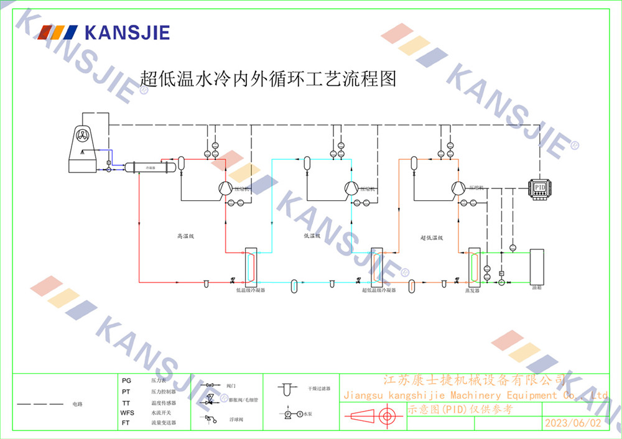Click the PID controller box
tap(539, 187)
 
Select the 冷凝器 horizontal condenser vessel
tap(149, 167)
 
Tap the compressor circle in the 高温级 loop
tap(225, 188)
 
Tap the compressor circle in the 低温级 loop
tap(351, 188)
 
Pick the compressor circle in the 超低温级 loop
tap(458, 188)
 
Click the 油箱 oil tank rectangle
tap(537, 267)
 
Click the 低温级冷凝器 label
tap(251, 290)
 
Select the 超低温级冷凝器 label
tap(379, 290)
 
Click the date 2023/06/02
tap(573, 423)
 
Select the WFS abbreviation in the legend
tap(128, 412)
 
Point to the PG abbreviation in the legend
tap(126, 380)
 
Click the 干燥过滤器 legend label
tap(319, 389)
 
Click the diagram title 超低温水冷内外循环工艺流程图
tap(267, 79)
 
